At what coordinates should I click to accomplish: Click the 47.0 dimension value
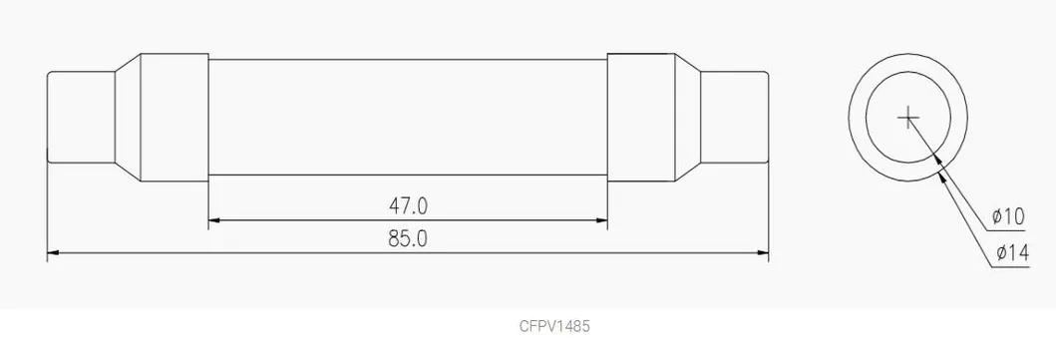pos(408,205)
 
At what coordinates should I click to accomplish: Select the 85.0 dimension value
pos(408,239)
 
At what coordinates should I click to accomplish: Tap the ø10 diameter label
pos(1009,216)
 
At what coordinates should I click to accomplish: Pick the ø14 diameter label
pos(1009,254)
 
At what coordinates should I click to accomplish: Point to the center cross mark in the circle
pos(907,119)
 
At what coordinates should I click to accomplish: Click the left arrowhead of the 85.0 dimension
pos(56,253)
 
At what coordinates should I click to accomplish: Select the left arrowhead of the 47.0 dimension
pos(215,219)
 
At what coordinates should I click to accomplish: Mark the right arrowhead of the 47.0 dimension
pos(599,219)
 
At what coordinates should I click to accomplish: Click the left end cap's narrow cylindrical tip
pos(82,118)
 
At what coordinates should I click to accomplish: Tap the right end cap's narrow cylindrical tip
pos(734,118)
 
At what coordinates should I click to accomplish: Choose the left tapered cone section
pos(129,118)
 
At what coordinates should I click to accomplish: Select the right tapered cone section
pos(687,118)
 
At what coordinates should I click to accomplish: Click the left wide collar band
pos(174,118)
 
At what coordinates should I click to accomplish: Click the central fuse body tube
pos(408,118)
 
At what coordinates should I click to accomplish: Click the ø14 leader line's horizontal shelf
pos(1011,266)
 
